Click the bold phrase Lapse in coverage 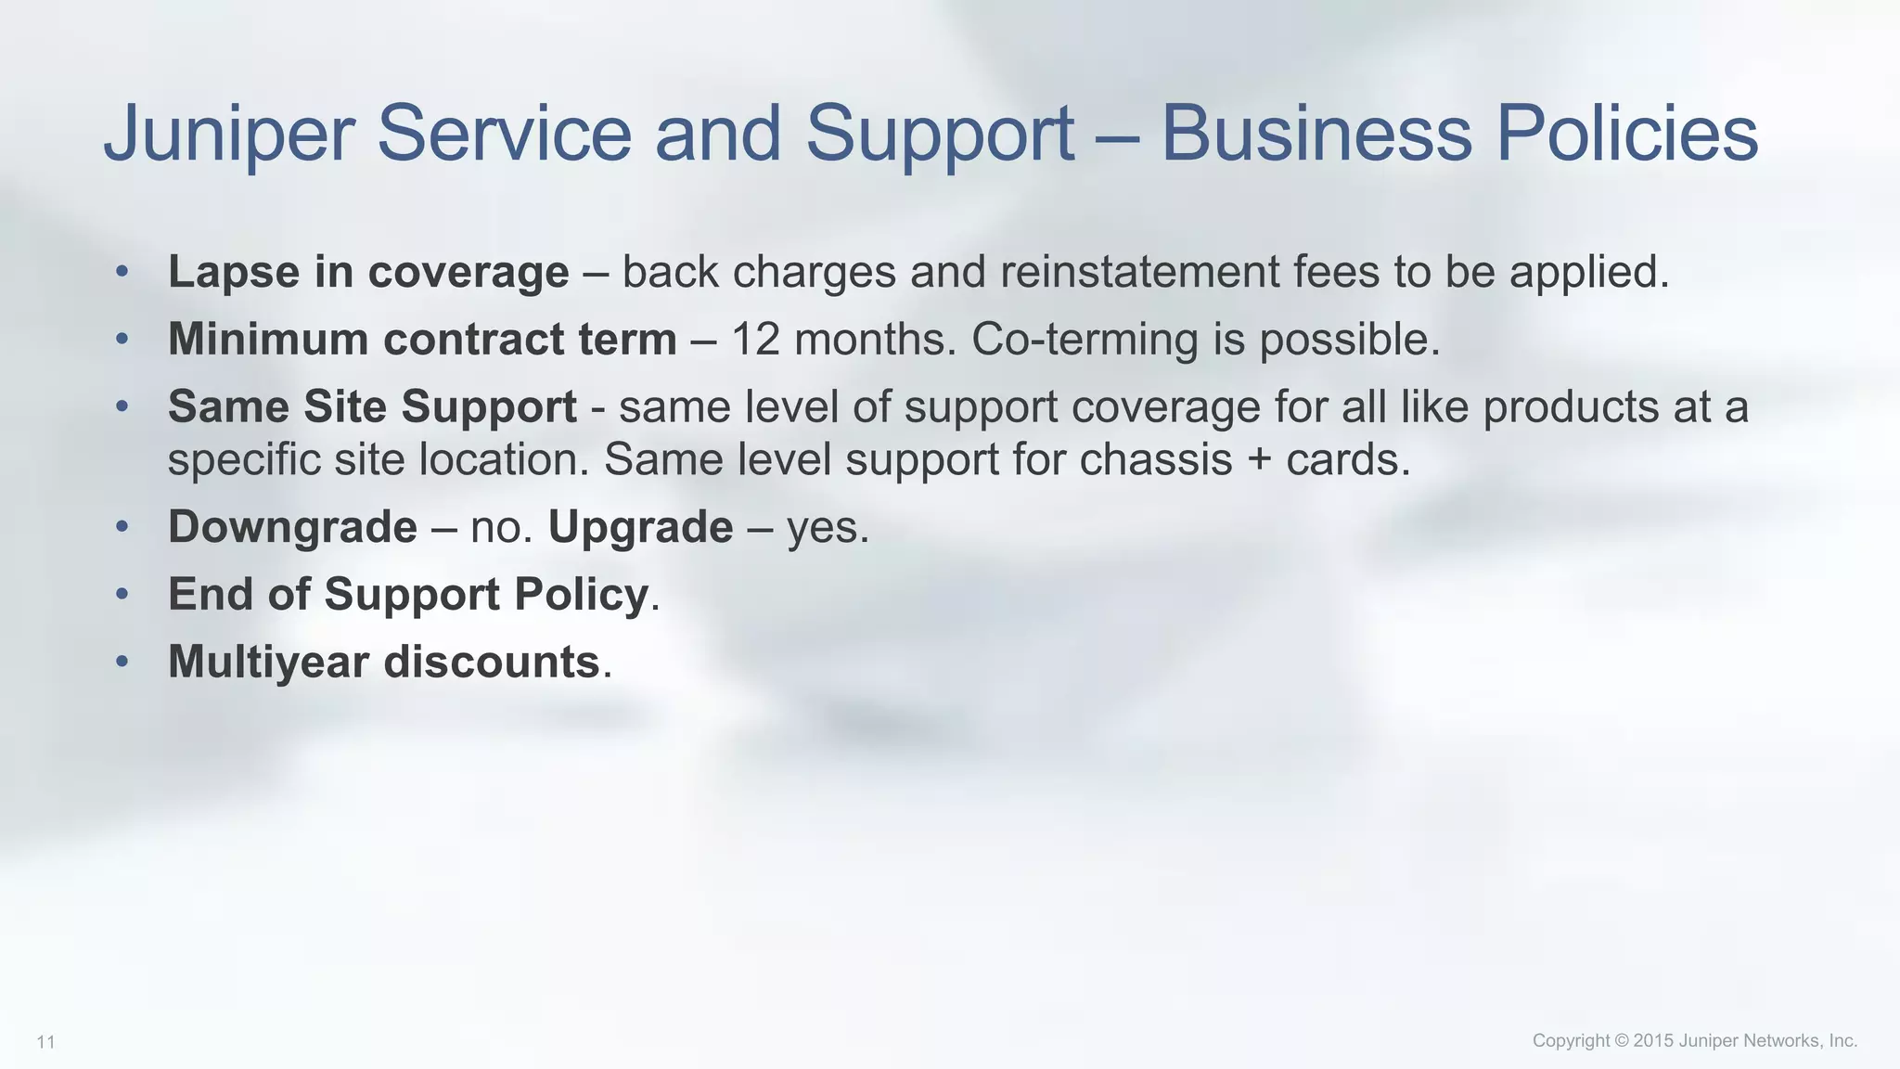click(368, 272)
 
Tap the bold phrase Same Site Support click(372, 406)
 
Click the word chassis click(1155, 459)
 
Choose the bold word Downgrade click(292, 527)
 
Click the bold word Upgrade click(640, 527)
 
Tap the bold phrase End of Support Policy click(407, 594)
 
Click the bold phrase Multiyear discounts click(383, 662)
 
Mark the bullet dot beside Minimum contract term click(122, 340)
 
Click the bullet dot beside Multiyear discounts click(122, 662)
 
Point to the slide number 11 click(45, 1043)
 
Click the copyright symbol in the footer click(1621, 1041)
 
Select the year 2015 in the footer click(1653, 1041)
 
